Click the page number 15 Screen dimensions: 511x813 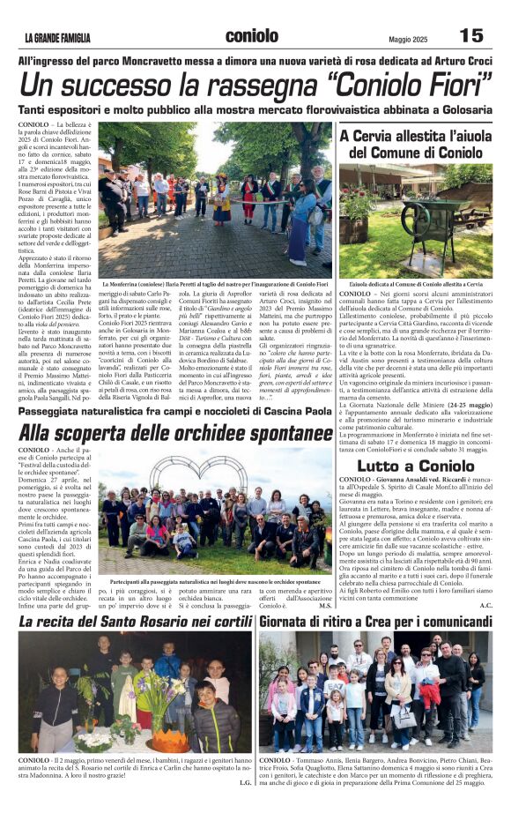click(471, 35)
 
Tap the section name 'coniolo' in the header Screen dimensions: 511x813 click(252, 36)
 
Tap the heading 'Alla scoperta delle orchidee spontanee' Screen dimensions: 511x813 click(175, 433)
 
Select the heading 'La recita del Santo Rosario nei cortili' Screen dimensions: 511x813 click(136, 622)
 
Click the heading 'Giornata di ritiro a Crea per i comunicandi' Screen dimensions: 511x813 click(376, 622)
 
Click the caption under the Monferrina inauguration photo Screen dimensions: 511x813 click(215, 284)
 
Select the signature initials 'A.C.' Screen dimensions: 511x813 click(486, 605)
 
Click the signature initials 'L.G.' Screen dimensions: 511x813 click(245, 781)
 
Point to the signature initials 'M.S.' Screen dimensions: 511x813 click(325, 606)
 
